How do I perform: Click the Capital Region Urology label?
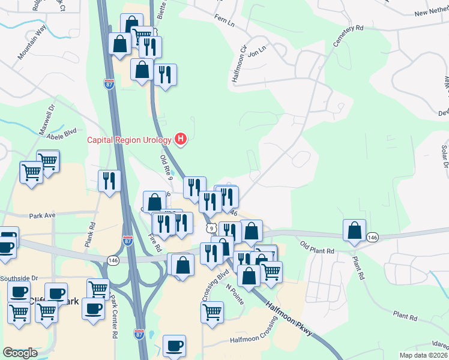(130, 140)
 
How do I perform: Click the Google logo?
(20, 353)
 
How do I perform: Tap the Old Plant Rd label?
(317, 246)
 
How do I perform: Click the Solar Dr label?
(445, 155)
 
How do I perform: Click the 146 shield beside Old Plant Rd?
(373, 237)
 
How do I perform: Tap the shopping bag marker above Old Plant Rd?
(355, 231)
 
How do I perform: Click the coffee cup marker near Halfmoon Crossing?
(175, 346)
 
